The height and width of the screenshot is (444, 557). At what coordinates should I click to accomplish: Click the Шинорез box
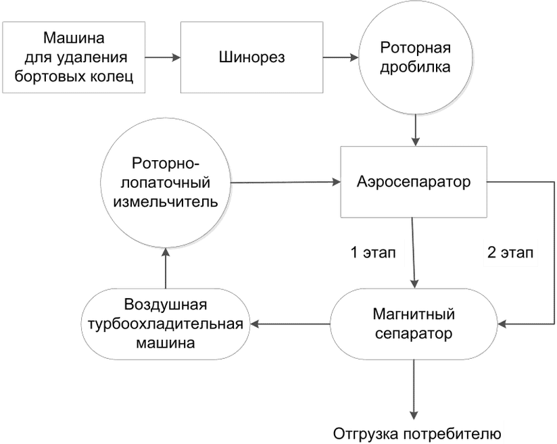click(x=251, y=57)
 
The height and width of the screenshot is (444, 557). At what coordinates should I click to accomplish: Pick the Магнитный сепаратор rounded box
click(x=413, y=324)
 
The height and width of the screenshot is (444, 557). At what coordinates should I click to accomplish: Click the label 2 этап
click(x=510, y=255)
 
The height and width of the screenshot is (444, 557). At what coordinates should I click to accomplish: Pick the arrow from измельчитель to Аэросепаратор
click(x=284, y=181)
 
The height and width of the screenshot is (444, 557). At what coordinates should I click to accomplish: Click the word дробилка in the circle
click(x=414, y=68)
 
